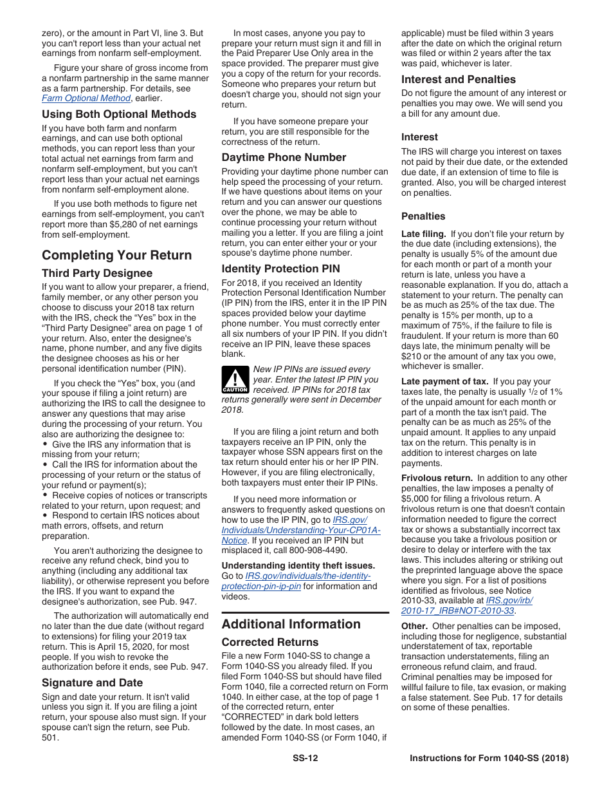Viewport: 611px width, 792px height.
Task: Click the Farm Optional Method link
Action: point(86,99)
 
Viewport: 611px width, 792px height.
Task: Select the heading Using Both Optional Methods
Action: point(119,114)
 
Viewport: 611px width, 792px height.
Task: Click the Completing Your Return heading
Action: point(116,255)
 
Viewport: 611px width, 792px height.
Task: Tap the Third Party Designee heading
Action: point(97,273)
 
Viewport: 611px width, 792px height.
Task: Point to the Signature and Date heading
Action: point(92,683)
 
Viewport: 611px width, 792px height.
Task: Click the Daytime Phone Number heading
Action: point(284,157)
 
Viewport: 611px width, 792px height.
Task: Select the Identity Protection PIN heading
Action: point(280,269)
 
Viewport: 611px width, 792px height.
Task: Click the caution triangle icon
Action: point(235,379)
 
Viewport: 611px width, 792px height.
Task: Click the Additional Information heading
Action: point(291,624)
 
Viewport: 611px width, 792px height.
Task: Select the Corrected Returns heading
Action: point(269,642)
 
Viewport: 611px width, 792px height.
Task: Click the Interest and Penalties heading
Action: point(458,79)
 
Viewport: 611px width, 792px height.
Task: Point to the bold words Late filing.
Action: point(423,234)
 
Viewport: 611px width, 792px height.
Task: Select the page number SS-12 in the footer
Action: point(305,758)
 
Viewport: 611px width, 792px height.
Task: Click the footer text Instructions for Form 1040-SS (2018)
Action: point(489,758)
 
